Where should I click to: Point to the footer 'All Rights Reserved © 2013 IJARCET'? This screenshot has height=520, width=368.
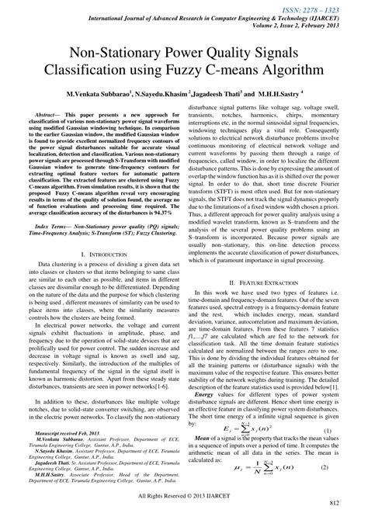click(x=184, y=502)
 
